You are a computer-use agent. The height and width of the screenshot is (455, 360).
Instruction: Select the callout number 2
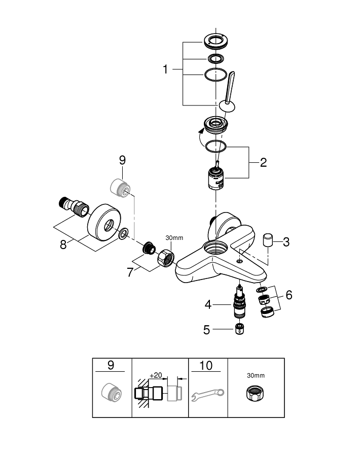coord(263,163)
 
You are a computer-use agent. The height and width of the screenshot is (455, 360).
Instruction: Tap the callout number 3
coord(286,241)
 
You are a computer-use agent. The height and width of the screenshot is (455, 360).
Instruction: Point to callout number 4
coord(208,305)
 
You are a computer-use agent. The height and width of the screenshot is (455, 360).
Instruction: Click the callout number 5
coord(206,330)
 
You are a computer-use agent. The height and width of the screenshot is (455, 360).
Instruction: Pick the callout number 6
coord(289,295)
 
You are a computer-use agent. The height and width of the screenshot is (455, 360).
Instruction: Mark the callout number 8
coord(64,244)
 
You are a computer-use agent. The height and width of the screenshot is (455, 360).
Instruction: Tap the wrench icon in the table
coord(208,395)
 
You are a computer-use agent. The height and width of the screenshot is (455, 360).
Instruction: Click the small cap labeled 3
coord(268,239)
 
